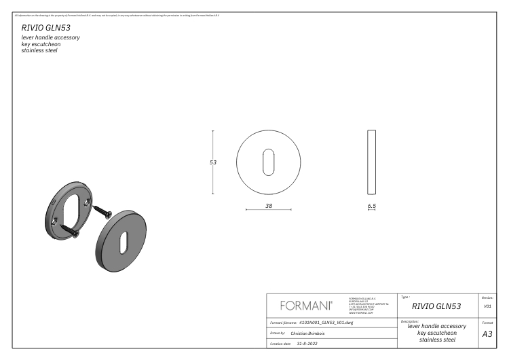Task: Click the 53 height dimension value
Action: click(213, 162)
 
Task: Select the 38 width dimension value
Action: click(269, 204)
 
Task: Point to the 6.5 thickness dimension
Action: click(371, 204)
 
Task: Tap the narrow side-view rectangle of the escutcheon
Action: click(371, 162)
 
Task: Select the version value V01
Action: click(487, 306)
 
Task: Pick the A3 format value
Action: click(487, 334)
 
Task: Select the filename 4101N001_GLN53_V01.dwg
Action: click(326, 323)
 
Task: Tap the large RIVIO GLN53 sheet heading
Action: click(46, 28)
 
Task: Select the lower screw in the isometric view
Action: click(70, 232)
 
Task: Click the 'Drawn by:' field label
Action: click(277, 334)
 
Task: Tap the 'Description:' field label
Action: click(410, 321)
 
